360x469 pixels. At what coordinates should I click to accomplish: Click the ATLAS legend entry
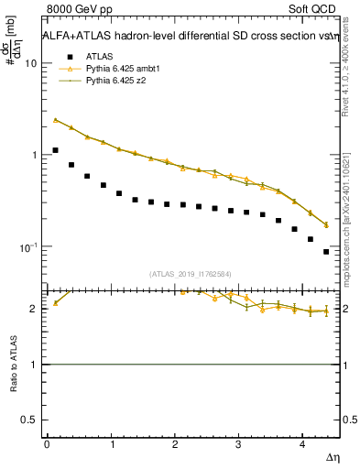coord(99,56)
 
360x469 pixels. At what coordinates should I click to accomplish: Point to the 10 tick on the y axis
coord(31,63)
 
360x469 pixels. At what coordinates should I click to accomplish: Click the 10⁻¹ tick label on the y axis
coord(29,246)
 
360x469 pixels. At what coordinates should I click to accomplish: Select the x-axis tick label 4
coord(302,444)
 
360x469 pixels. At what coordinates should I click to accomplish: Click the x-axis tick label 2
coord(174,444)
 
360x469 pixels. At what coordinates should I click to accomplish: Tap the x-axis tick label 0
coord(47,444)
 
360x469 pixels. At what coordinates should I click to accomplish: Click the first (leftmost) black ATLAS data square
coord(55,150)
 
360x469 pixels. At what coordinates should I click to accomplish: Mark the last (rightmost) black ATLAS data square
coord(326,251)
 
